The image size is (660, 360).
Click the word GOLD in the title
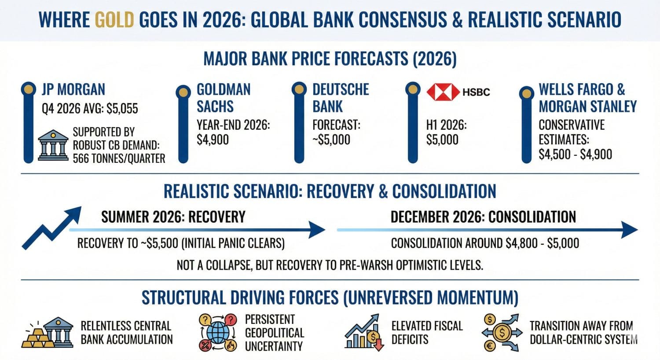(x=114, y=20)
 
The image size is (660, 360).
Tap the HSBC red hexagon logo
(x=443, y=92)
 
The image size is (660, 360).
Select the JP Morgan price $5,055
(x=122, y=108)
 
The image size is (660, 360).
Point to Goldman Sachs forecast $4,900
(x=213, y=140)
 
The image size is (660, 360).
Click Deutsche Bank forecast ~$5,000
(x=331, y=140)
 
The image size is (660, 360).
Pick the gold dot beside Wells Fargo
(x=526, y=93)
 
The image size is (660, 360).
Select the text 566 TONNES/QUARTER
(x=119, y=158)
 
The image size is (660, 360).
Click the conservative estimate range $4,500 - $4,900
(x=575, y=154)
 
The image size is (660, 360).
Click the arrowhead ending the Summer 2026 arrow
(x=317, y=229)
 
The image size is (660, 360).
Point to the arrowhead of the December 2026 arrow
(x=629, y=229)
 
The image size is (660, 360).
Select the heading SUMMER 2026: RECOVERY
(x=173, y=217)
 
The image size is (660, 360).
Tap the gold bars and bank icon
(x=48, y=333)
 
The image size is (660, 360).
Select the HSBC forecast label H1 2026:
(x=446, y=125)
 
